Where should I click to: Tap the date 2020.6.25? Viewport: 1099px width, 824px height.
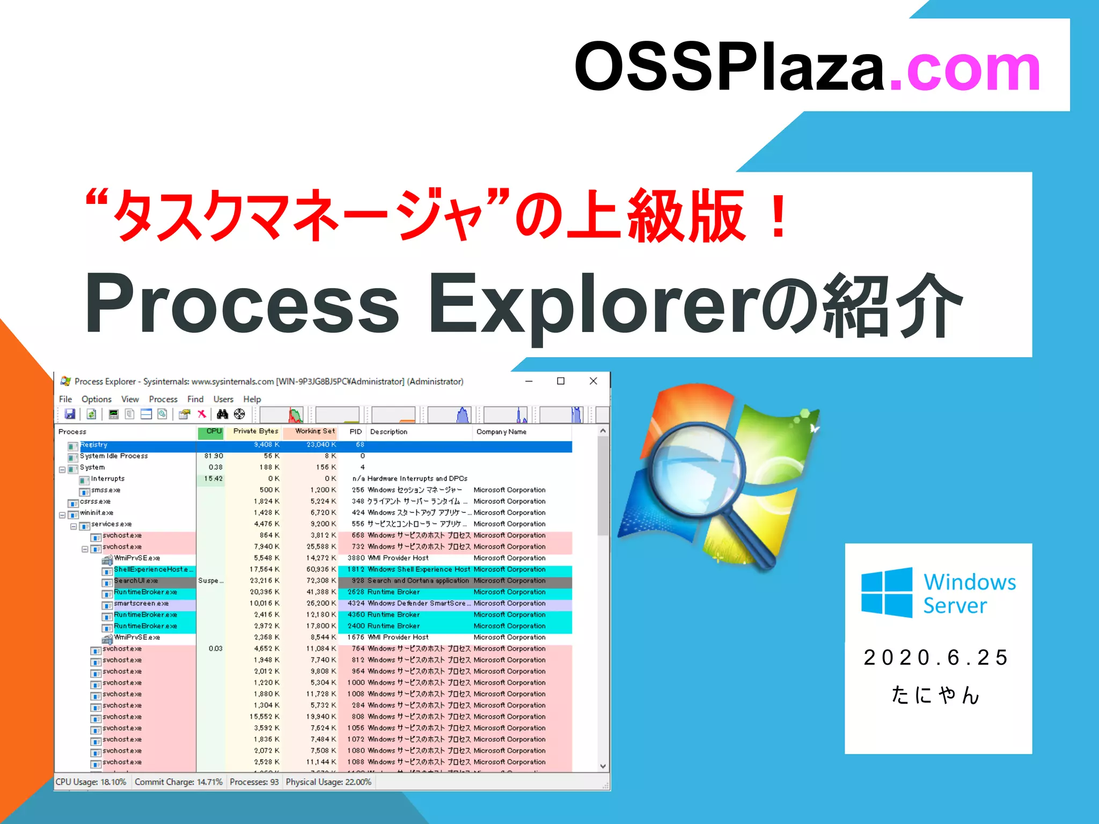[x=936, y=658]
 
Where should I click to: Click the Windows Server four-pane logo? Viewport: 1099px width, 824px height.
[x=886, y=593]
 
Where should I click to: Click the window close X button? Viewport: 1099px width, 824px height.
[x=593, y=381]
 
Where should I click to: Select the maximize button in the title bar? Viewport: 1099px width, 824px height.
[x=561, y=381]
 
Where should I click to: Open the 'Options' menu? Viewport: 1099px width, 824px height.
[x=97, y=399]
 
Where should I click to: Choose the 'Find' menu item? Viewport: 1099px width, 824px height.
[x=195, y=399]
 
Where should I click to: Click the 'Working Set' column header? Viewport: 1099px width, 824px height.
[x=314, y=431]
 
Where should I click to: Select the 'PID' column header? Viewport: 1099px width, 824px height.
[x=356, y=431]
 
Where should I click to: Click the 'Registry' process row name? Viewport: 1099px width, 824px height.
[x=94, y=445]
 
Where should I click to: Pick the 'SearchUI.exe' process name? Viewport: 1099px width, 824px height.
[x=136, y=580]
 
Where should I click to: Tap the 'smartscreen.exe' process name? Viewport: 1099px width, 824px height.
[x=141, y=603]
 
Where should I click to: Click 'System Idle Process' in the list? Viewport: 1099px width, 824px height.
[x=114, y=456]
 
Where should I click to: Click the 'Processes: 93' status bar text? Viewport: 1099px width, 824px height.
[x=254, y=782]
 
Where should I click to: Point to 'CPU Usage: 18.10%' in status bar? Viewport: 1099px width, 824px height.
[x=91, y=782]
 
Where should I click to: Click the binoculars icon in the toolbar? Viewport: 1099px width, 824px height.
[x=222, y=414]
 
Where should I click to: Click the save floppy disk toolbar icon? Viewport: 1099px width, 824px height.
[x=70, y=414]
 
